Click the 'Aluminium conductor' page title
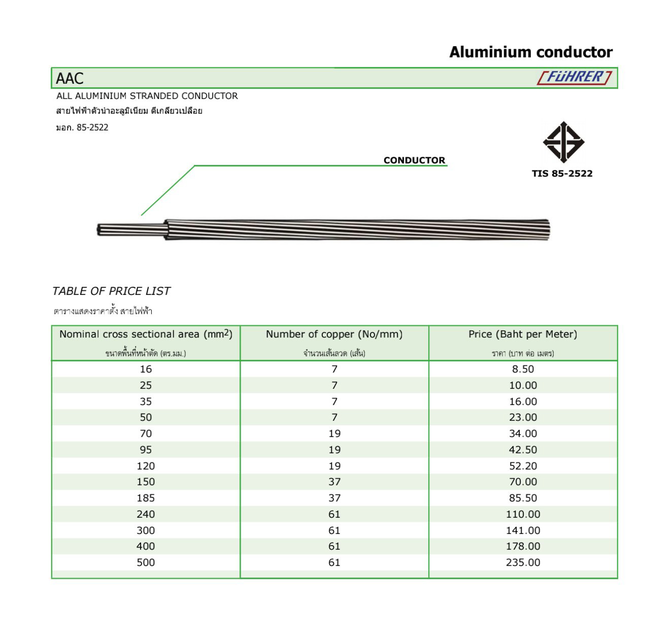click(x=531, y=52)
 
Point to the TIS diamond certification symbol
click(x=563, y=142)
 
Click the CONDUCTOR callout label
click(x=414, y=160)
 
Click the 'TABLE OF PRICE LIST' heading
click(x=111, y=291)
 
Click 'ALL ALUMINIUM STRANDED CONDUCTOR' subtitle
click(x=147, y=96)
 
